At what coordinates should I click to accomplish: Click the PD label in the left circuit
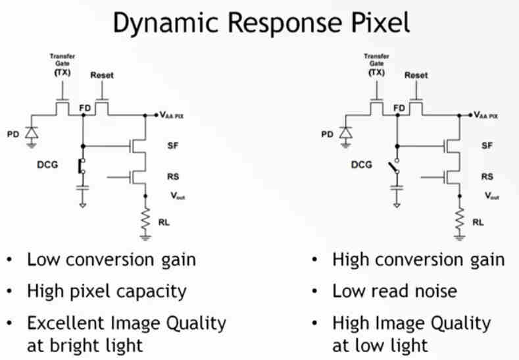click(12, 135)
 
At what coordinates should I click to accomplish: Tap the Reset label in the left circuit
click(102, 75)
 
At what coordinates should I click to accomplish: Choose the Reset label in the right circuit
click(416, 75)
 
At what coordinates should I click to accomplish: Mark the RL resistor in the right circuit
click(459, 220)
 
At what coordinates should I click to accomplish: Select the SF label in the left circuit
click(174, 145)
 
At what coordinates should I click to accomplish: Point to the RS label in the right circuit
click(487, 177)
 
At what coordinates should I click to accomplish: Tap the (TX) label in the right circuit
click(376, 72)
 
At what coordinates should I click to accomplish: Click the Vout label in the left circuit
click(177, 195)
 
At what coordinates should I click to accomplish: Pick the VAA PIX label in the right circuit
click(487, 115)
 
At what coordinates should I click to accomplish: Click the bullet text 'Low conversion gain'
click(111, 259)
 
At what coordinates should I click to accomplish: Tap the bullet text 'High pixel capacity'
click(107, 290)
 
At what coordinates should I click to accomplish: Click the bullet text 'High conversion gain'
click(418, 259)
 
